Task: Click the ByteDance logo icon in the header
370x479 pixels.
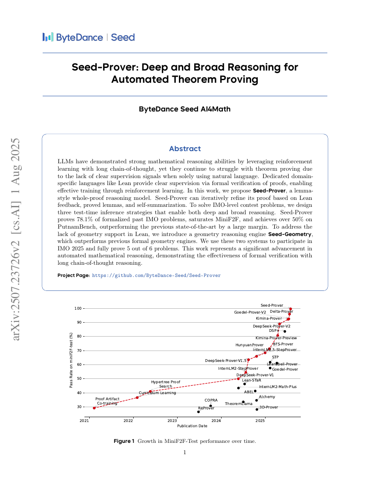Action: (48, 37)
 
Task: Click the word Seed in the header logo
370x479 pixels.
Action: (123, 37)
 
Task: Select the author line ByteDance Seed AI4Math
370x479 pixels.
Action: (185, 109)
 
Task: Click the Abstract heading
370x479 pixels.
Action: (185, 149)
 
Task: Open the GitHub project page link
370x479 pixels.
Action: (156, 275)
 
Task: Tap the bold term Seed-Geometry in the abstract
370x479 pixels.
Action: (290, 234)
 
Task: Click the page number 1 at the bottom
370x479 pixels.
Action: (185, 452)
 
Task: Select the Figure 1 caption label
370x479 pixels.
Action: (124, 441)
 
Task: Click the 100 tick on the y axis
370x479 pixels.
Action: (77, 308)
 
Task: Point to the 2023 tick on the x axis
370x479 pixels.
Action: (172, 421)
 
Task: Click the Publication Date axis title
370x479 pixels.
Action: (192, 426)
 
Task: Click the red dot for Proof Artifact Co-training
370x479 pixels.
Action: (94, 408)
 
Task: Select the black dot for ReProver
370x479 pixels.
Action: (198, 412)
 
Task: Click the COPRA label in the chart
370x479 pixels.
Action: (211, 400)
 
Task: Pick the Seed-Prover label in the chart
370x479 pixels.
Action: (272, 305)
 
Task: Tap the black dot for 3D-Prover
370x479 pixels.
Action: (257, 409)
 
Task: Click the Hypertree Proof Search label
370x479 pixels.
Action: (165, 384)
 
